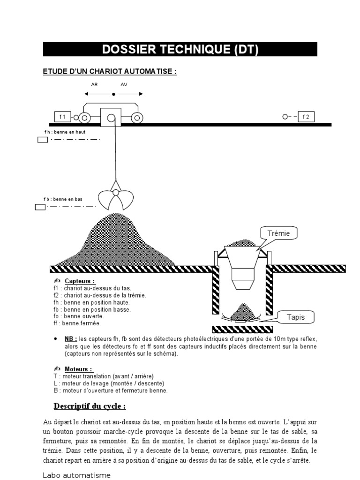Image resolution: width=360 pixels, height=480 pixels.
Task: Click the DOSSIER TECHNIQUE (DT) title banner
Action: (x=180, y=50)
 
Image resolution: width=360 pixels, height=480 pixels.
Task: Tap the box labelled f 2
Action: (x=306, y=117)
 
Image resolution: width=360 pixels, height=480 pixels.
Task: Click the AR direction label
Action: (x=94, y=85)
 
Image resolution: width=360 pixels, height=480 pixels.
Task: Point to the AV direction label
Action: (x=124, y=85)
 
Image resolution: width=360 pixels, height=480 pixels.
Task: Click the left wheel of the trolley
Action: (x=85, y=118)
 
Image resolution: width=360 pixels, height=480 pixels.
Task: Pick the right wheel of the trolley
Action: (x=136, y=118)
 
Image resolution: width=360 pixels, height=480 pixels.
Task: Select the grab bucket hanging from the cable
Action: (x=115, y=197)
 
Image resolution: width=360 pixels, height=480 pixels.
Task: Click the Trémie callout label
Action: (x=279, y=233)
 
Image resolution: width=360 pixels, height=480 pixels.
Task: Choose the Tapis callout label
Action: (x=296, y=317)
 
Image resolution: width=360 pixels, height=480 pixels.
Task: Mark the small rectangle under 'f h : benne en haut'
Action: (x=43, y=140)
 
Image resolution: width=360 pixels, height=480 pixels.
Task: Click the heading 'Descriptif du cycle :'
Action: (x=90, y=405)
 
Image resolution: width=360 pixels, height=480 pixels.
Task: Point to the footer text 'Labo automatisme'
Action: (x=77, y=475)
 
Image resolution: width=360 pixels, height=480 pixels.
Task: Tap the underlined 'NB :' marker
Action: (x=71, y=338)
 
